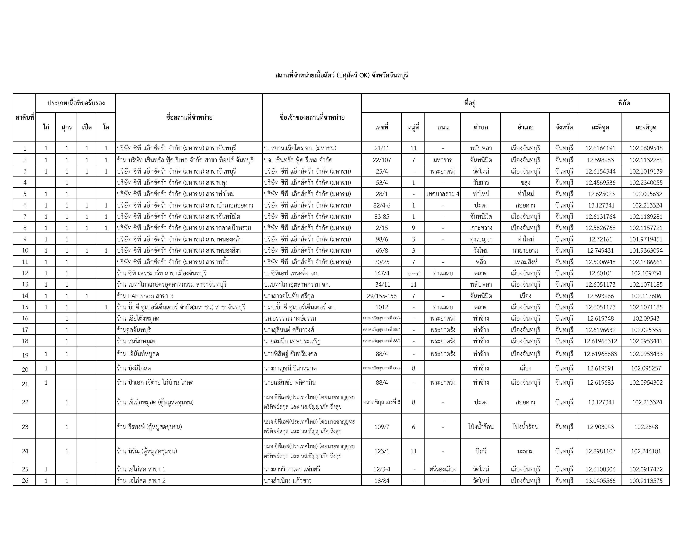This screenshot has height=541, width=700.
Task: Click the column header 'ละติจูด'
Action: (600, 127)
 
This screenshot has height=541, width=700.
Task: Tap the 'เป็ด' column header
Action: (87, 127)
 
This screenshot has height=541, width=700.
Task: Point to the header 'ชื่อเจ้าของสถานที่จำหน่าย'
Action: (312, 117)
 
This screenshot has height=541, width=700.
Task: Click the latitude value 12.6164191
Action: (600, 148)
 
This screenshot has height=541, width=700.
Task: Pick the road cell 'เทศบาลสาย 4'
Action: (443, 194)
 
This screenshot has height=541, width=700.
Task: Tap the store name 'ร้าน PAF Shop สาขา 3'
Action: (145, 296)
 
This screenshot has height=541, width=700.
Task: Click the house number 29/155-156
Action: (381, 296)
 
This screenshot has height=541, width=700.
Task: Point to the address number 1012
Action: (381, 307)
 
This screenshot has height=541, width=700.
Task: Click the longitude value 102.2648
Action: (646, 427)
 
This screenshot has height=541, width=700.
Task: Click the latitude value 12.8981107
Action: (600, 451)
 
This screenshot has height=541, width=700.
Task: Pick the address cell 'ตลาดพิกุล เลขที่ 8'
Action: (381, 402)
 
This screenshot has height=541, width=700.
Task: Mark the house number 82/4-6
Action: (381, 205)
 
